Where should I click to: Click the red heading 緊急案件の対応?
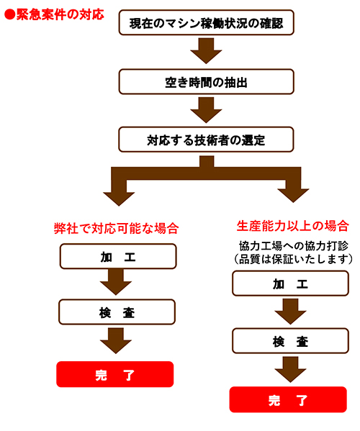click(x=60, y=14)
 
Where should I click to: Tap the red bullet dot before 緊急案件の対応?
click(x=10, y=14)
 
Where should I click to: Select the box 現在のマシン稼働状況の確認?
click(x=206, y=22)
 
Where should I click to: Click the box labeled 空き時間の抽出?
click(x=206, y=82)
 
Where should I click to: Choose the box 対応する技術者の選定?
click(x=206, y=140)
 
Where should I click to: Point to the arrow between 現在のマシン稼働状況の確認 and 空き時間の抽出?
click(x=206, y=51)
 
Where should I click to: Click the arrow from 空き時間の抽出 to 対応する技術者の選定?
click(x=206, y=110)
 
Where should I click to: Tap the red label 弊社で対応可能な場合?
click(x=117, y=228)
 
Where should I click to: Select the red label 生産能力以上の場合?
click(x=292, y=226)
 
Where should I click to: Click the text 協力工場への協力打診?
click(x=294, y=246)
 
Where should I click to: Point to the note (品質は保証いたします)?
click(x=294, y=259)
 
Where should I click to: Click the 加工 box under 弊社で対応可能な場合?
click(x=118, y=256)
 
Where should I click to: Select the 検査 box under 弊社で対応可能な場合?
click(x=117, y=312)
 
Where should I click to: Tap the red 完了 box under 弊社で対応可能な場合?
click(x=115, y=374)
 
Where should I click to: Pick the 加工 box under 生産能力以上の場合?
click(x=290, y=283)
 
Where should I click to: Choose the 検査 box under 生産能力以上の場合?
click(x=290, y=341)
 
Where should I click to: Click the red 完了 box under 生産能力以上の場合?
click(x=288, y=399)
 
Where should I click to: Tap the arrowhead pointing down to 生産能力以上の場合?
click(x=294, y=196)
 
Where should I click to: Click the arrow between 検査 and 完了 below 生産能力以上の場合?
click(x=290, y=370)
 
